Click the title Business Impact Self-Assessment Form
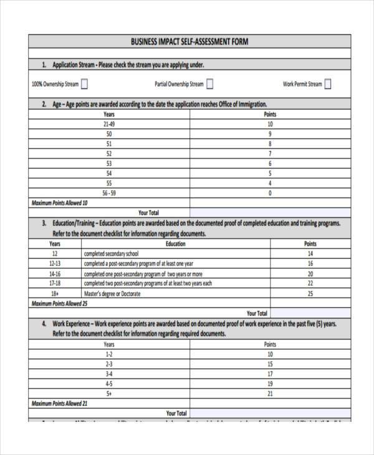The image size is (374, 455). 189,42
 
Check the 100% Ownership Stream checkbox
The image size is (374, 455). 84,84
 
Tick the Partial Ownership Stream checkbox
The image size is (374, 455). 209,84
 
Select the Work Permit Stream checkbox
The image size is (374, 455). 328,84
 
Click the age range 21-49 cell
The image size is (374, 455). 109,124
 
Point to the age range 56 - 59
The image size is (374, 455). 109,193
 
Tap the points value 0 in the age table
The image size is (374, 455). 270,193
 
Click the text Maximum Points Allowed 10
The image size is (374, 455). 60,203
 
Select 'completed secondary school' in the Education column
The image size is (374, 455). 112,254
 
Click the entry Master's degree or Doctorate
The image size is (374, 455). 112,294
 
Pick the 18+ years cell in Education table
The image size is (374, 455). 55,294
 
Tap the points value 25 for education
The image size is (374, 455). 310,294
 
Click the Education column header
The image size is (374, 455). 176,244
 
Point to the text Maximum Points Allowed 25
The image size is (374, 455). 60,304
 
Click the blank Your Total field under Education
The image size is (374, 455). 310,314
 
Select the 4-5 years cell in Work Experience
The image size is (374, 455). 109,383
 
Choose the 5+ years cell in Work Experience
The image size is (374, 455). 109,393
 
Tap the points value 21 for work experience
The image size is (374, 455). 270,393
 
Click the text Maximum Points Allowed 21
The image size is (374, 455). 60,403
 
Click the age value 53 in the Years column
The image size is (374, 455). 109,163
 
